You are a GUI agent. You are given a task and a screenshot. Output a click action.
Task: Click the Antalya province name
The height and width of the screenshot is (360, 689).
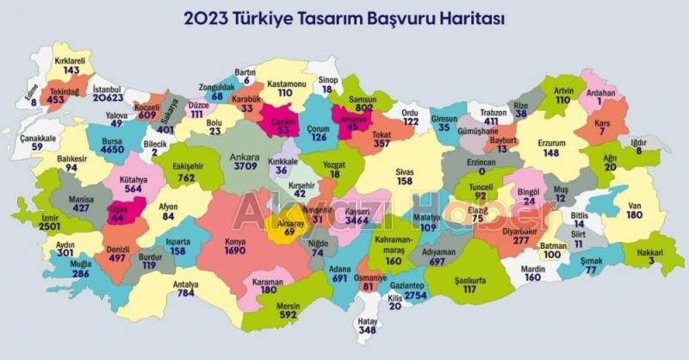pos(184,284)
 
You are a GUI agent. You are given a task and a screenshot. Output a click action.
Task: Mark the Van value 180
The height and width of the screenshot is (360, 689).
pos(636,214)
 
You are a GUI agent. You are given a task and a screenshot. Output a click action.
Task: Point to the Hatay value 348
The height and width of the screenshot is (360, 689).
pos(368,329)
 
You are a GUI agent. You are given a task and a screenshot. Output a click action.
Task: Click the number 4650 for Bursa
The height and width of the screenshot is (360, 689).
pos(112,150)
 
